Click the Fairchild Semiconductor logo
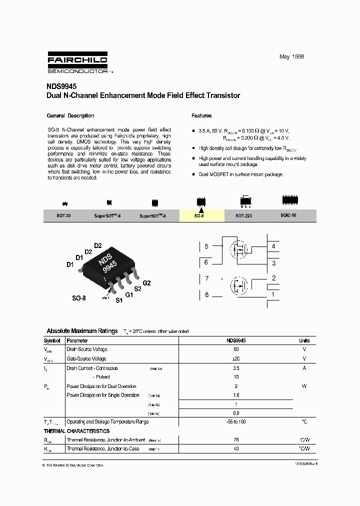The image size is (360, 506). click(x=77, y=63)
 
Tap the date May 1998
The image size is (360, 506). click(x=291, y=56)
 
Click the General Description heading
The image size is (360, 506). click(x=70, y=115)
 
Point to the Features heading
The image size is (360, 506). click(x=201, y=115)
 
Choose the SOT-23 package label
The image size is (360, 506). click(x=64, y=215)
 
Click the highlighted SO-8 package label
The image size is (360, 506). click(x=199, y=215)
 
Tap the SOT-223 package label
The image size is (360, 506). click(x=244, y=215)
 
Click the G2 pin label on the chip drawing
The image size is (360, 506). click(x=146, y=283)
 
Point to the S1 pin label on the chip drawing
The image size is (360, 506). click(x=119, y=300)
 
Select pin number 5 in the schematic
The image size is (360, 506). click(x=206, y=246)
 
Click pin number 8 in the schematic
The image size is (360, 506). click(x=206, y=294)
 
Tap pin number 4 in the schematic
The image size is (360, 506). click(x=273, y=246)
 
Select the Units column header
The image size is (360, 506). click(x=304, y=340)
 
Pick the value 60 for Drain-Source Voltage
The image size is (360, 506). click(x=236, y=349)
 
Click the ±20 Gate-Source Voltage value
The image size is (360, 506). click(x=236, y=358)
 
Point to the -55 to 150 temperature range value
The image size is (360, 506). click(x=236, y=421)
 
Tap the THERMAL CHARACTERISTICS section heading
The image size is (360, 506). click(x=76, y=431)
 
